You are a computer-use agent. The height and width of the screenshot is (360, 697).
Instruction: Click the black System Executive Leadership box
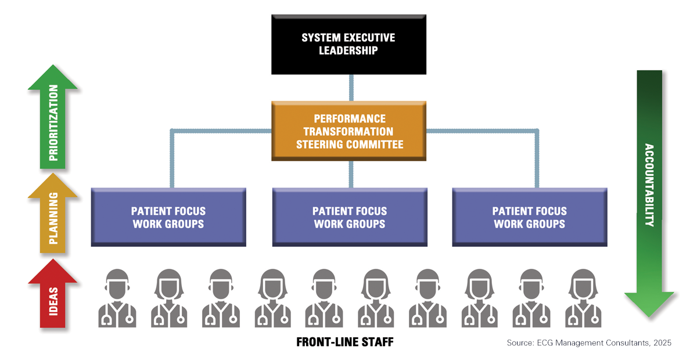tap(348, 45)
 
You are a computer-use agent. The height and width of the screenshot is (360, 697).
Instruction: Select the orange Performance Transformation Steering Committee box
tap(350, 131)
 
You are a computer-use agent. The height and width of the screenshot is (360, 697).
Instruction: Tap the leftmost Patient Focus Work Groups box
tap(168, 217)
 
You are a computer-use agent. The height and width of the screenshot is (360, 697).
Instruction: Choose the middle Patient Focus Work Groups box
tap(350, 217)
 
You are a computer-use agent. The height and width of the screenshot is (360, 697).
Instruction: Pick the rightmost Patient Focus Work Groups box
tap(529, 217)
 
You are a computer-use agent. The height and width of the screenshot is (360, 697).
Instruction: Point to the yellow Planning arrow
tap(53, 218)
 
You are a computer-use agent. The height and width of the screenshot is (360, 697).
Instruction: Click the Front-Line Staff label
tap(345, 342)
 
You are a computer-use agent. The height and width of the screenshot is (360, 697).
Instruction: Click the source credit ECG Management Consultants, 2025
tap(589, 343)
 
